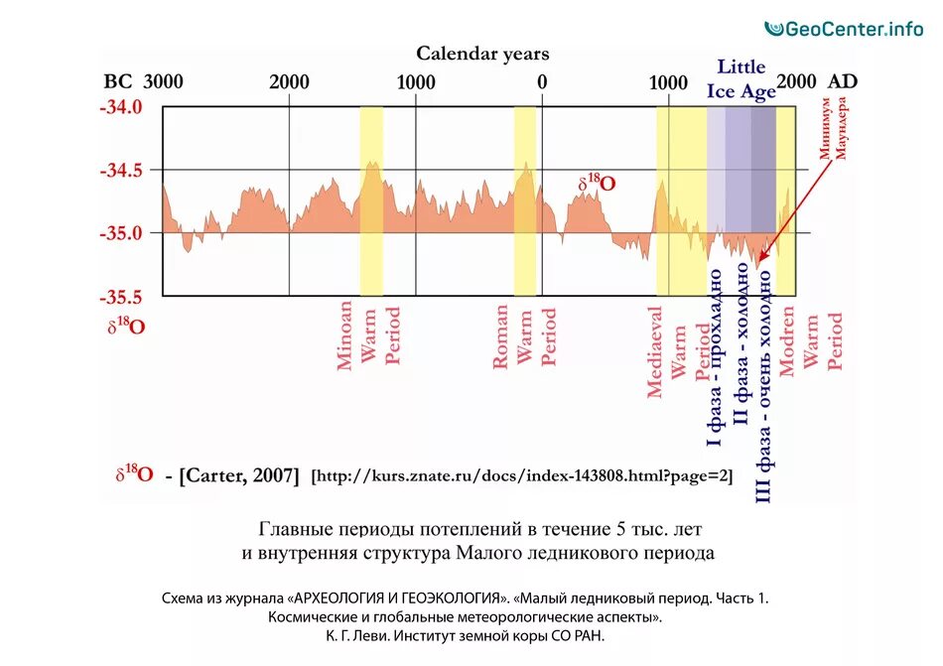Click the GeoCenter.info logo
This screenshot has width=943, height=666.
pyautogui.click(x=844, y=29)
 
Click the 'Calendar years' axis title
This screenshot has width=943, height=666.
pyautogui.click(x=481, y=54)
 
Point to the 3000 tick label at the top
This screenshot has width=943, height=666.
pyautogui.click(x=163, y=82)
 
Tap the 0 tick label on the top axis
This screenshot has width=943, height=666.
pyautogui.click(x=542, y=82)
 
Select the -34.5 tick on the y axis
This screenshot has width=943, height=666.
pyautogui.click(x=121, y=171)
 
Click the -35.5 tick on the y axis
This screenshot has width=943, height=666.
pyautogui.click(x=121, y=297)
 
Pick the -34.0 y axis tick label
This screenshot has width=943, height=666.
pyautogui.click(x=121, y=107)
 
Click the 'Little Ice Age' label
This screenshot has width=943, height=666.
pyautogui.click(x=741, y=79)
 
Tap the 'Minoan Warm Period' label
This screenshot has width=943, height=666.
pyautogui.click(x=369, y=336)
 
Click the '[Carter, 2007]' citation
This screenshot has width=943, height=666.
pyautogui.click(x=238, y=475)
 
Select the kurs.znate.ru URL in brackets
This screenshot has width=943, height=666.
pyautogui.click(x=522, y=476)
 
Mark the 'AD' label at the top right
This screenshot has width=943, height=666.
pyautogui.click(x=842, y=82)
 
